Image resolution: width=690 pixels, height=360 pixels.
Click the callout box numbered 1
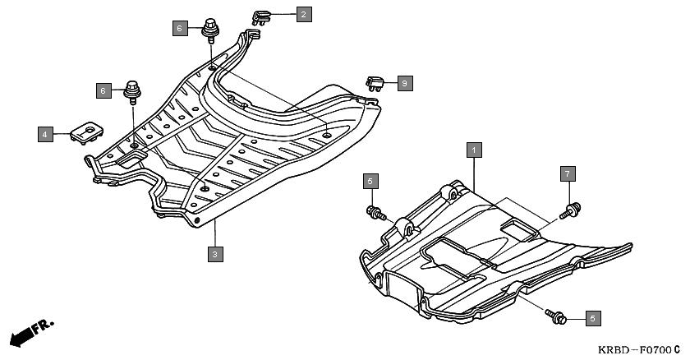point(474,150)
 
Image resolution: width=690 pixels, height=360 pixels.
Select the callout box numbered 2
point(304,14)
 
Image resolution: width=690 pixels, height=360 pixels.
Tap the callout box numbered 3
point(215,254)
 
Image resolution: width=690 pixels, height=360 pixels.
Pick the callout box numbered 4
point(45,134)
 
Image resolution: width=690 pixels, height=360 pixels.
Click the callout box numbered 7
point(568,173)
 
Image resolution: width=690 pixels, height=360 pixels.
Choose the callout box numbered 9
point(405,83)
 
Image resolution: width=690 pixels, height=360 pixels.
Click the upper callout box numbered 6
point(180,29)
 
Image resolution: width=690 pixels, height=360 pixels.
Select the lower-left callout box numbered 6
point(103,90)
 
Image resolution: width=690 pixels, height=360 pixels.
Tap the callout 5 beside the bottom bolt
point(593,318)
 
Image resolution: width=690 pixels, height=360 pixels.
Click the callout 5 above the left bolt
point(370,181)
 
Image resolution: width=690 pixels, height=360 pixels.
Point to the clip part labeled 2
point(260,18)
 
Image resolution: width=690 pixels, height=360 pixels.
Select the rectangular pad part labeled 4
point(87,132)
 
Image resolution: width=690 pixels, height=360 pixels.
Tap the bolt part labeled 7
point(571,210)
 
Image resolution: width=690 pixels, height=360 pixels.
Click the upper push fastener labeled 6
point(211,30)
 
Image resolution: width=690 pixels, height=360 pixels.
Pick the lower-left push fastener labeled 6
point(132,91)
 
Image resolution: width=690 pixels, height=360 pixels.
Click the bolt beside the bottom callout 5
point(555,316)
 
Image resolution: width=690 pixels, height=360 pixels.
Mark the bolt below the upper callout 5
point(376,214)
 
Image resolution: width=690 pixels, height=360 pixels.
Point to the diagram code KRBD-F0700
point(634,350)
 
